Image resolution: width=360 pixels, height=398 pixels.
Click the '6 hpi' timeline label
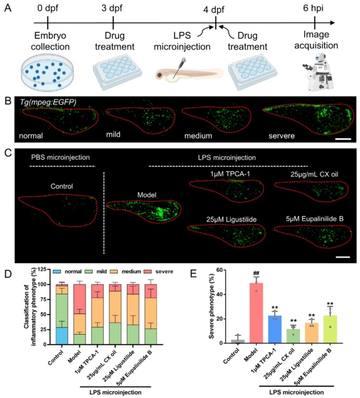pyautogui.click(x=315, y=8)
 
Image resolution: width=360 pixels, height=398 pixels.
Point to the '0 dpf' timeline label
pyautogui.click(x=48, y=8)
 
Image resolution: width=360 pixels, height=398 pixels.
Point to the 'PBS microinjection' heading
pyautogui.click(x=58, y=157)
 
